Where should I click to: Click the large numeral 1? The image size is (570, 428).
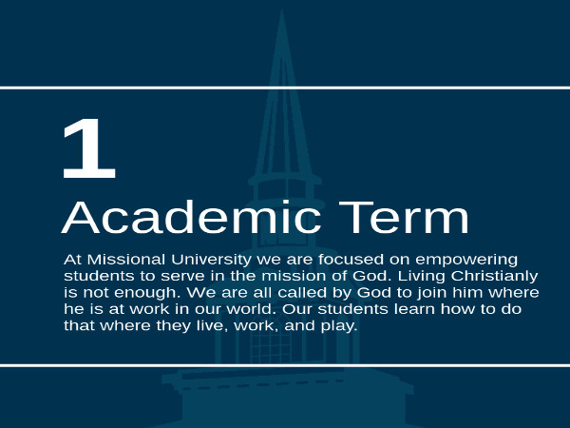tap(89, 148)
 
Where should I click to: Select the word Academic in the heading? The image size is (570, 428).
tap(191, 217)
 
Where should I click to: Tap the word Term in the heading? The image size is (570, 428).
tap(404, 217)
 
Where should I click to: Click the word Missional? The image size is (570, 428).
tap(126, 260)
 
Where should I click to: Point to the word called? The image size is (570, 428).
tap(303, 292)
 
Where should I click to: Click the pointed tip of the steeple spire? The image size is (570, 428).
tap(282, 10)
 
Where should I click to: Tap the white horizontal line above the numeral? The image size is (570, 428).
tap(285, 88)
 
